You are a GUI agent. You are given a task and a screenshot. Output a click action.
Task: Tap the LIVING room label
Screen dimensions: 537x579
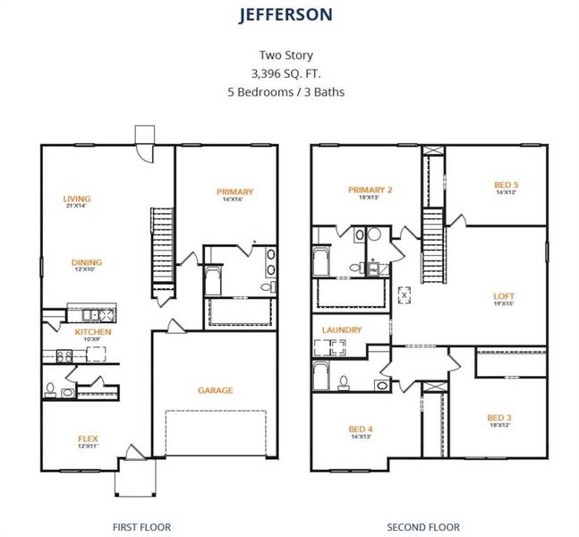pos(77,199)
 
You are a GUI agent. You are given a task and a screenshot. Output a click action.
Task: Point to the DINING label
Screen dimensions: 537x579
pos(87,262)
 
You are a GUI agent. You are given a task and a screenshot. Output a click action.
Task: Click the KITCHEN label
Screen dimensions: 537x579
pos(93,332)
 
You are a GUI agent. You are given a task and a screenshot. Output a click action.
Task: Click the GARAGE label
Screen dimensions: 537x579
pos(216,390)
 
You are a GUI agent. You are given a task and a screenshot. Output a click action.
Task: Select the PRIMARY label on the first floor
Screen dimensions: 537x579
pos(234,192)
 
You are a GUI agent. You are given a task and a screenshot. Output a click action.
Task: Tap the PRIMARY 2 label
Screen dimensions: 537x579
pos(371,189)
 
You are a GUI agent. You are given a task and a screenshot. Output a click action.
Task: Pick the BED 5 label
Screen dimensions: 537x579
pos(506,185)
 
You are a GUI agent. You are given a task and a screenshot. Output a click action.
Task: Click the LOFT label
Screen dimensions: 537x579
pos(505,296)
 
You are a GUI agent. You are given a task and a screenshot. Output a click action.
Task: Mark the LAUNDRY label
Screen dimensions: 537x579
pos(342,330)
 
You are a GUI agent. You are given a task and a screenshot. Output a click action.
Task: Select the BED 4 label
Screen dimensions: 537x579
pos(362,429)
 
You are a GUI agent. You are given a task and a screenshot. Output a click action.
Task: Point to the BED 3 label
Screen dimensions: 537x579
pos(499,417)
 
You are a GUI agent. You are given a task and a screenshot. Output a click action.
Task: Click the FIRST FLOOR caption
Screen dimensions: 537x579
pos(141,527)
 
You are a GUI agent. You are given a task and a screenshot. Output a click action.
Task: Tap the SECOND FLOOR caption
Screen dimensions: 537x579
pos(422,527)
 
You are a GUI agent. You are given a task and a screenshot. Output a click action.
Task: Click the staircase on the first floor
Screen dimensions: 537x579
pos(162,245)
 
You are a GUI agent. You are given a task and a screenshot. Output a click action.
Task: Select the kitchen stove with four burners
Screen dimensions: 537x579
pos(64,355)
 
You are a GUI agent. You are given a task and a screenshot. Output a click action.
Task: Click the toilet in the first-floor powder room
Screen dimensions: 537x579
pos(51,389)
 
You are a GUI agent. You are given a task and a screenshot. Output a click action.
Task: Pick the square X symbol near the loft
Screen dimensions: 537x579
pos(404,293)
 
